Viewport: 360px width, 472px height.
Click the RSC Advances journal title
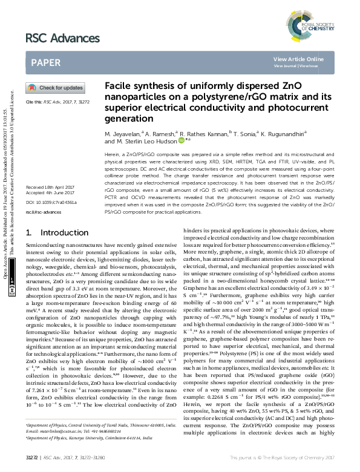(62, 39)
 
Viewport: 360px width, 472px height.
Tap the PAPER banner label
(45, 62)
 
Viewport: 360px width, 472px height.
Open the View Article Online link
(298, 59)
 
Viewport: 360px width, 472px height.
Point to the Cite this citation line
(57, 102)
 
